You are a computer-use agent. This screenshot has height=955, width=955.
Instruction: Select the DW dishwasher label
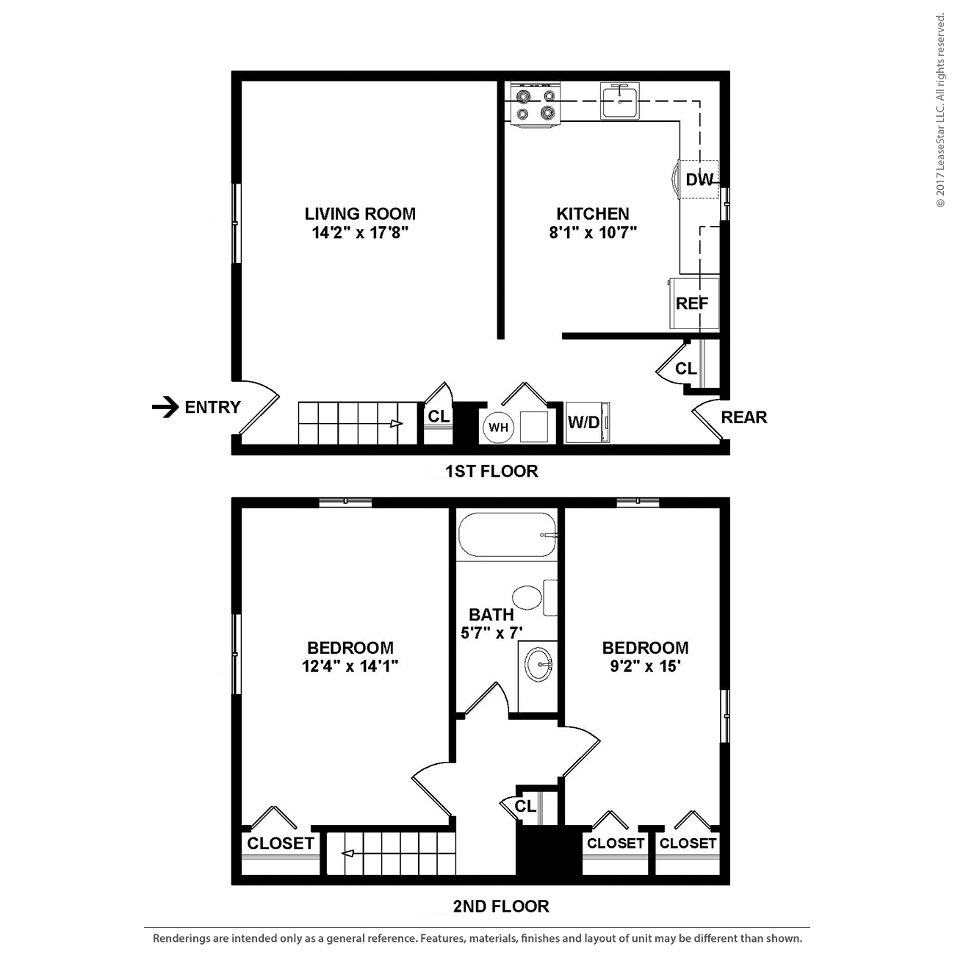click(699, 179)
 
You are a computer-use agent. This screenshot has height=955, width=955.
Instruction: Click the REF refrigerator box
click(693, 303)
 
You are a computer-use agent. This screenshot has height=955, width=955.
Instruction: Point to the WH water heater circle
click(498, 428)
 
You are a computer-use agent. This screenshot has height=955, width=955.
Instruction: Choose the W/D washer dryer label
click(584, 422)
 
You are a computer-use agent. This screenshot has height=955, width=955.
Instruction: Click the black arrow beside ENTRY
click(165, 406)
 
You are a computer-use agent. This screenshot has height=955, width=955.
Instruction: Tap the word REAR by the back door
click(743, 417)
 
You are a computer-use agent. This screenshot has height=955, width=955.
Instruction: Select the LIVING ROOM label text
click(360, 214)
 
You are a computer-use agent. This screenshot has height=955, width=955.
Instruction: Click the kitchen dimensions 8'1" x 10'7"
click(592, 233)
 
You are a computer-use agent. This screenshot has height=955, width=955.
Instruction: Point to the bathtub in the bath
click(506, 536)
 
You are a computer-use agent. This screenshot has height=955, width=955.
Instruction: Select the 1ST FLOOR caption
click(491, 472)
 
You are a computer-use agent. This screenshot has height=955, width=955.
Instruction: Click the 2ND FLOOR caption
click(500, 907)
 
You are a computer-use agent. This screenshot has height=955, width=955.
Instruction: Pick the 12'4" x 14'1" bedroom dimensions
click(350, 667)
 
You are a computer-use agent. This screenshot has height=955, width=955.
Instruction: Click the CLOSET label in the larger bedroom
click(280, 843)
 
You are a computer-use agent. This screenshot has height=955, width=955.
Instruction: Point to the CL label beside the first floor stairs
click(439, 417)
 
